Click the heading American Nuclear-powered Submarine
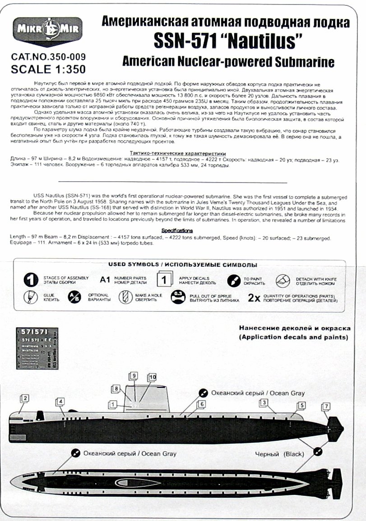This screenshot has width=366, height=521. (228, 61)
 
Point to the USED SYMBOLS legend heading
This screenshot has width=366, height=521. (183, 265)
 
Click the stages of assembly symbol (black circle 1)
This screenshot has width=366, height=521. (31, 280)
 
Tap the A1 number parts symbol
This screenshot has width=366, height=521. (105, 280)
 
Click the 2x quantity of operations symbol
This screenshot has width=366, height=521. (254, 298)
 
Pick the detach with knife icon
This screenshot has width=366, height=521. (283, 280)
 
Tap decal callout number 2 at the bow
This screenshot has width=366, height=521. (25, 398)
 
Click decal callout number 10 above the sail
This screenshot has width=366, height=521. (152, 377)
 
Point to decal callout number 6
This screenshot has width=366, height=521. (202, 404)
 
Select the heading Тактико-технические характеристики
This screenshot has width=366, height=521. (171, 153)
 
